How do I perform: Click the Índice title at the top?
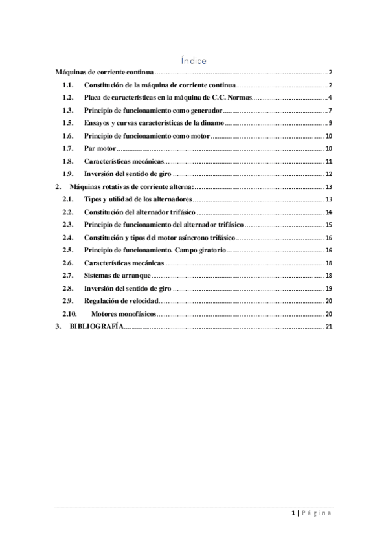[194, 61]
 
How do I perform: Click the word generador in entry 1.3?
[202, 111]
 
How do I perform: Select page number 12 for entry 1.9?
[328, 174]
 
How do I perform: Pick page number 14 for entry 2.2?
[328, 212]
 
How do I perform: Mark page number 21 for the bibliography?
[328, 326]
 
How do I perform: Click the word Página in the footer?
[317, 513]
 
